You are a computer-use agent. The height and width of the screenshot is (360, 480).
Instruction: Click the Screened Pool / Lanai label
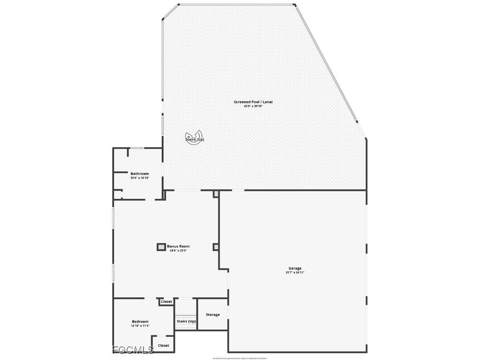(x=253, y=102)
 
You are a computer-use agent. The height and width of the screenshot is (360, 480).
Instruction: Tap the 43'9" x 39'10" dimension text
(x=253, y=106)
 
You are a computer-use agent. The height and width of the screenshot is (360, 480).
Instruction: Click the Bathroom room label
(x=140, y=173)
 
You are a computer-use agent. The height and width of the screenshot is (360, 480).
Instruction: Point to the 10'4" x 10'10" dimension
(x=140, y=178)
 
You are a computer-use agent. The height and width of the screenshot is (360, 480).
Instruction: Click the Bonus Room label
(x=178, y=246)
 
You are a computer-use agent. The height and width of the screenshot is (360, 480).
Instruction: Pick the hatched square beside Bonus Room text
(x=161, y=247)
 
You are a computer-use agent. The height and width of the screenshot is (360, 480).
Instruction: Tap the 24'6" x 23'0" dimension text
(x=178, y=251)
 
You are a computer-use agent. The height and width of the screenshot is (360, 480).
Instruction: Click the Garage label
(x=295, y=268)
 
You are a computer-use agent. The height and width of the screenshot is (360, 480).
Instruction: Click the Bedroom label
(x=140, y=322)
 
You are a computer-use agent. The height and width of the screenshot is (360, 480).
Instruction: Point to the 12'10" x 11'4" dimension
(x=140, y=326)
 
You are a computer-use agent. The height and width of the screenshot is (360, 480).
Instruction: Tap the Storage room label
(x=213, y=315)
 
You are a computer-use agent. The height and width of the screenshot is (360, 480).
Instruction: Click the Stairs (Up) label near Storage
(x=186, y=321)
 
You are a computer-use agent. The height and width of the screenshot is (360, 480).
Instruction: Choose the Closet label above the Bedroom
(x=166, y=301)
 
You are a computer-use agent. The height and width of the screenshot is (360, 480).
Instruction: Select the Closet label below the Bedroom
(x=164, y=345)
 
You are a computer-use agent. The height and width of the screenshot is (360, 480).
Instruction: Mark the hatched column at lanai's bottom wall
(x=216, y=194)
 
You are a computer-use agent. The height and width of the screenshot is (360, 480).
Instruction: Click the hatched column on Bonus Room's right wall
(x=216, y=247)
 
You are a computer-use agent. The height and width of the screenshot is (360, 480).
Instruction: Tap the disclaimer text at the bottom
(x=240, y=358)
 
